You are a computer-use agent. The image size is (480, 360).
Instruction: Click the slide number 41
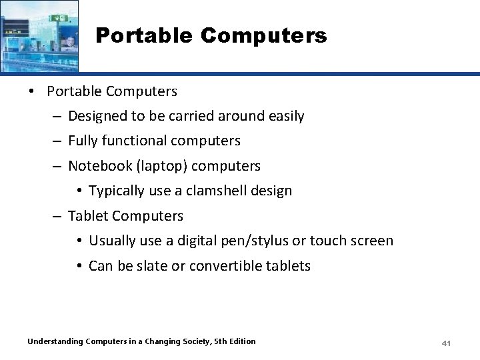point(447,343)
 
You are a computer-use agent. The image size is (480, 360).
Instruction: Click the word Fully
point(83,141)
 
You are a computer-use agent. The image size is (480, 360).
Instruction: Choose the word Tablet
point(88,216)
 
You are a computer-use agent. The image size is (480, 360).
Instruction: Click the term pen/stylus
point(267,241)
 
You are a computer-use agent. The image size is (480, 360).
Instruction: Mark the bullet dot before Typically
point(79,191)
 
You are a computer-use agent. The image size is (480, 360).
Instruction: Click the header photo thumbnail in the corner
point(39,35)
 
